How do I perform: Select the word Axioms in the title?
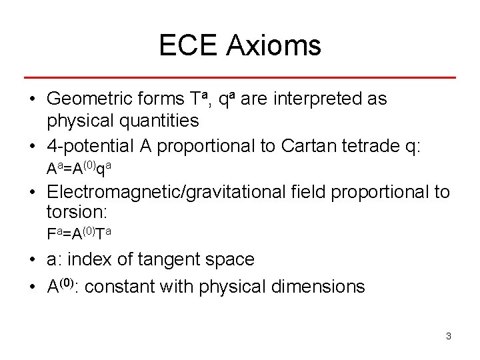click(273, 45)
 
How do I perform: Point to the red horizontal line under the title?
click(239, 78)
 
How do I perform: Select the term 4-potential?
click(91, 146)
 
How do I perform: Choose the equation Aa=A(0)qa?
click(79, 169)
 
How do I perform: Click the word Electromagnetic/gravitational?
click(167, 193)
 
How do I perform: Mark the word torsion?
click(77, 213)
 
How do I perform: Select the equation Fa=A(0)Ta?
click(79, 234)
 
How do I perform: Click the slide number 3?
click(448, 336)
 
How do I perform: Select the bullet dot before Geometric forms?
click(32, 100)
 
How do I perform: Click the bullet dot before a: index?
click(32, 260)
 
